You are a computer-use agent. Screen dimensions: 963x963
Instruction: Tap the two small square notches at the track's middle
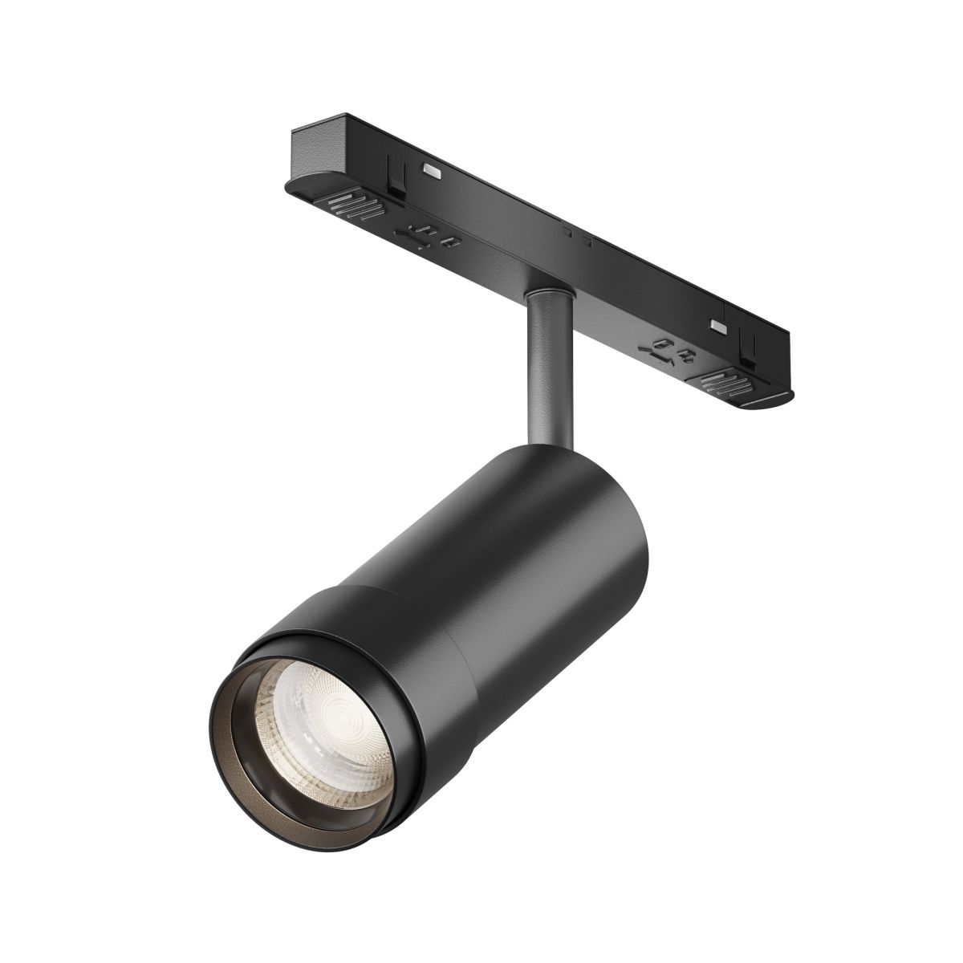(x=579, y=236)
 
